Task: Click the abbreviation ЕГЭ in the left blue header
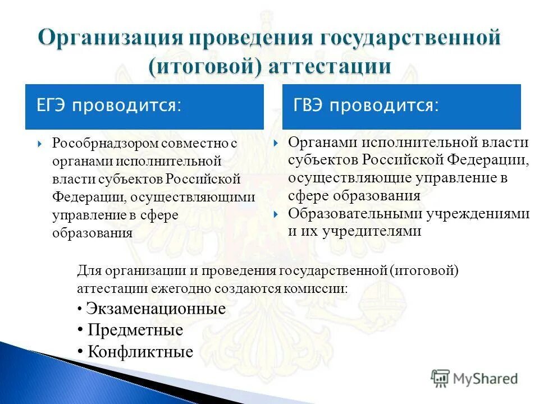(x=52, y=106)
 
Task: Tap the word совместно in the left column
(x=194, y=143)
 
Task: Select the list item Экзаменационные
(x=156, y=309)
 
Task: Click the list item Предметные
(x=135, y=330)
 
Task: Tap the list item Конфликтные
(x=140, y=352)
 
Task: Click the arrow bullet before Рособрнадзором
(x=39, y=144)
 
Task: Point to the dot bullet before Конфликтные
(x=80, y=352)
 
